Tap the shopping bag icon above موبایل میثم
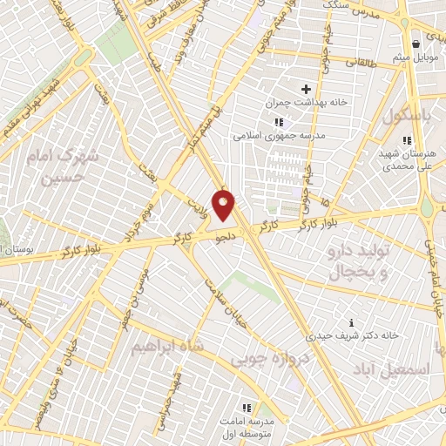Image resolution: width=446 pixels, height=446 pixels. tap(416, 43)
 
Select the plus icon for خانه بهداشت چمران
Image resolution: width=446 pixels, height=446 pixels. tap(306, 89)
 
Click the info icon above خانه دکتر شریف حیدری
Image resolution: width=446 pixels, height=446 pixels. tap(351, 322)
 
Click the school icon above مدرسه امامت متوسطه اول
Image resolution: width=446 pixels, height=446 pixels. tap(245, 408)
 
